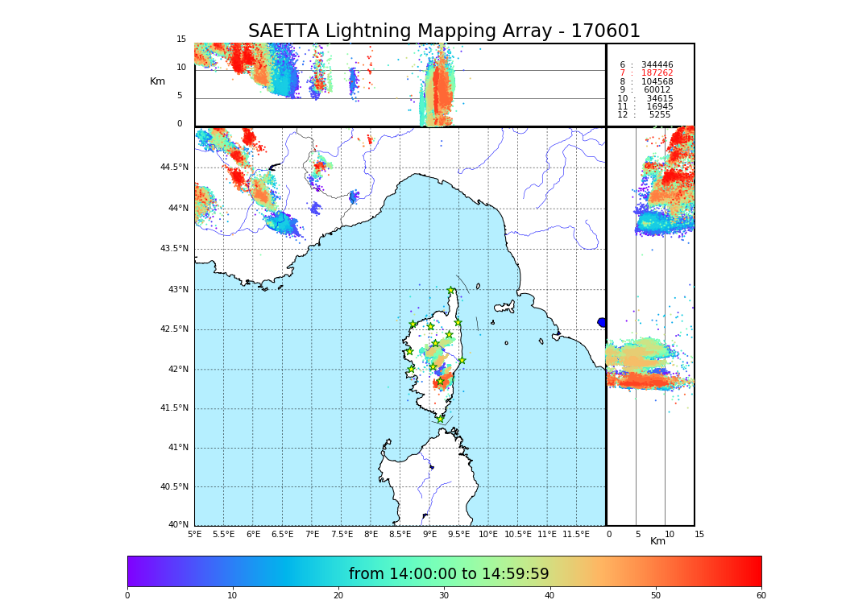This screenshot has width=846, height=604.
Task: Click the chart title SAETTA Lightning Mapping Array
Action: click(444, 31)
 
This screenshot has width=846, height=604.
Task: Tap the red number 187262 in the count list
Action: click(657, 73)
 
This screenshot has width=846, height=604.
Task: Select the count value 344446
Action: click(657, 65)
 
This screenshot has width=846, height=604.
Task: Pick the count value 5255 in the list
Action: click(659, 115)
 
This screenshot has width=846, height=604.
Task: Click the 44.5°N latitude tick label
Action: click(174, 168)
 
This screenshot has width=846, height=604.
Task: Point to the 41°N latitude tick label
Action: click(176, 448)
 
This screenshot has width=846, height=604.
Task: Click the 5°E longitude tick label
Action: click(195, 534)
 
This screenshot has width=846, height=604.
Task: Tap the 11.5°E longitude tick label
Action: click(576, 534)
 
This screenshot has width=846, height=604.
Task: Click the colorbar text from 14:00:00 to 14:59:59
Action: click(449, 574)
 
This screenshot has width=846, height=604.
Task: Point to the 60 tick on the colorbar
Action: click(761, 596)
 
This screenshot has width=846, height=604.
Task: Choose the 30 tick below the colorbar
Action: click(444, 596)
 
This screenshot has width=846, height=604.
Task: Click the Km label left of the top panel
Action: click(158, 81)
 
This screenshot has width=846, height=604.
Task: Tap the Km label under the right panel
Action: click(658, 541)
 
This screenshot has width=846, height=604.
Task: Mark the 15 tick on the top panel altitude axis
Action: click(181, 39)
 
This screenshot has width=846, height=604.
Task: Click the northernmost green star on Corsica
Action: click(451, 291)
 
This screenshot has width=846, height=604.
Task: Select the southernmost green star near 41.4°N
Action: click(441, 419)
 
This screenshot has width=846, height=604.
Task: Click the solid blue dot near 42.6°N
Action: click(602, 322)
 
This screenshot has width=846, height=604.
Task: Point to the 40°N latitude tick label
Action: click(176, 525)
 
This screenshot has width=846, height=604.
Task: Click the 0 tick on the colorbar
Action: click(127, 596)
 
